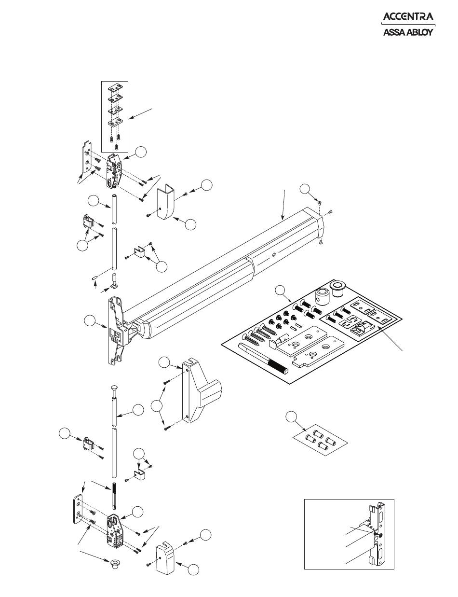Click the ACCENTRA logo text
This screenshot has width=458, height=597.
pyautogui.click(x=408, y=16)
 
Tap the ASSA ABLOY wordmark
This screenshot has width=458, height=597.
pyautogui.click(x=408, y=32)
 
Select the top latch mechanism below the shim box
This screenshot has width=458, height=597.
pyautogui.click(x=114, y=171)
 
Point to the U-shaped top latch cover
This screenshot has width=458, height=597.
pyautogui.click(x=166, y=203)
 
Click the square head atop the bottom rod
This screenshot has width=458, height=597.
pyautogui.click(x=114, y=388)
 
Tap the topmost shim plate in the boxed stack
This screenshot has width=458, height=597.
pyautogui.click(x=115, y=88)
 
